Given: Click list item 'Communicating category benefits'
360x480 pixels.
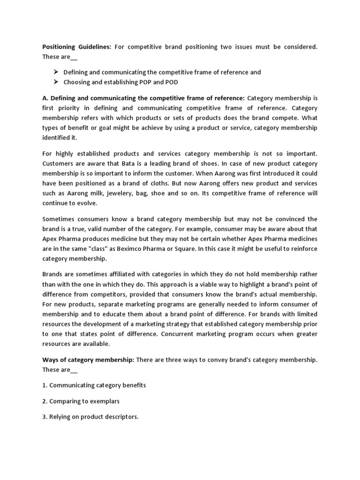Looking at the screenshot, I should point(97,385).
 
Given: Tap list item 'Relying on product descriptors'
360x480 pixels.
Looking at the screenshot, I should point(94,417).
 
